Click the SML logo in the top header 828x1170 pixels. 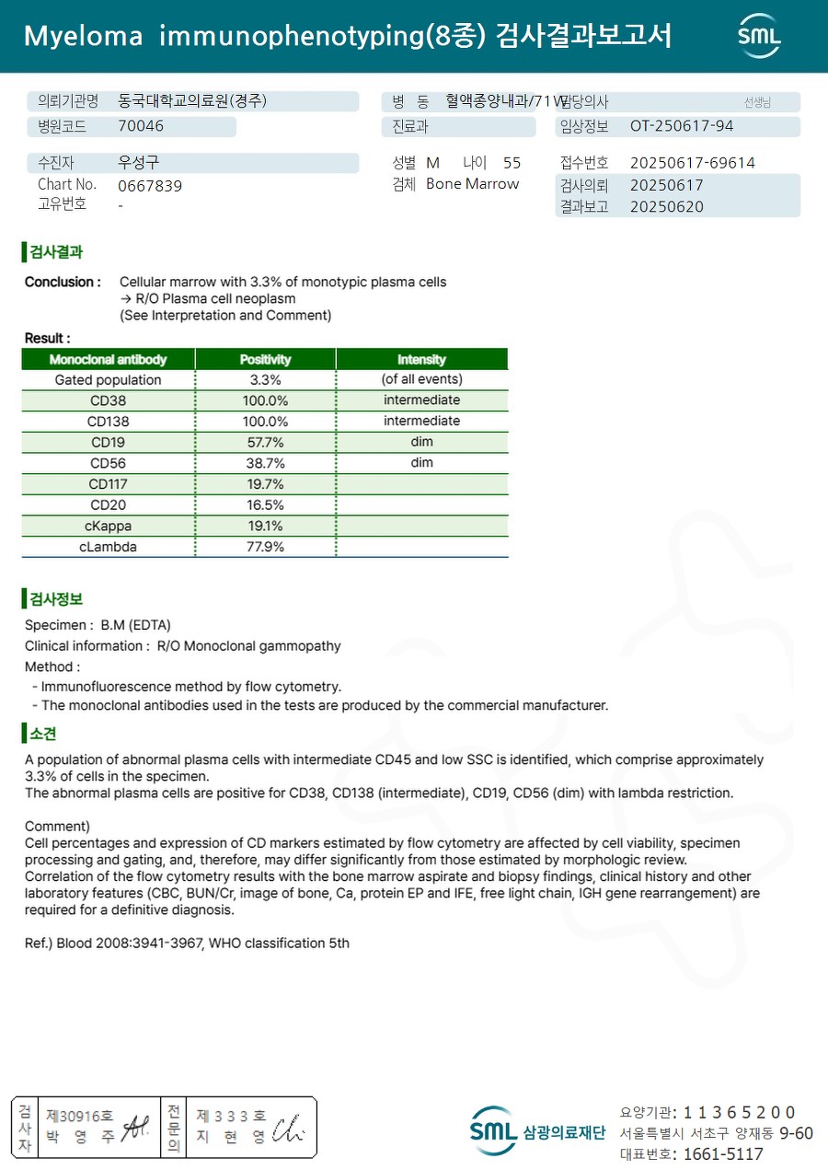[x=759, y=36]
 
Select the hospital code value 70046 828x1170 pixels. [x=141, y=127]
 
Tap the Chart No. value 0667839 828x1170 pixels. [x=150, y=186]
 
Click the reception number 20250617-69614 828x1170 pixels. [x=692, y=163]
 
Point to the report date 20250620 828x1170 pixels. [x=666, y=207]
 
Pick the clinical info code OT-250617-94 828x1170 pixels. [x=682, y=126]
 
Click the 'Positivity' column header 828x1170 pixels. [x=265, y=359]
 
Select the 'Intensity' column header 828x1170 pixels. [x=421, y=359]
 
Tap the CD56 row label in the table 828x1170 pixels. [x=109, y=463]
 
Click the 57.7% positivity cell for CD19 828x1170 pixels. [x=266, y=442]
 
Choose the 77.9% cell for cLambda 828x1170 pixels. [x=266, y=547]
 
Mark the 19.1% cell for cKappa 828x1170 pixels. [x=266, y=526]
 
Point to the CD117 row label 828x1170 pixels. [x=109, y=484]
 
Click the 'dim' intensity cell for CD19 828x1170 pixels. [x=421, y=442]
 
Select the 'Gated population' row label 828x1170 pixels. [x=108, y=379]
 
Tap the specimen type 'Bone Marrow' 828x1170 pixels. [x=472, y=184]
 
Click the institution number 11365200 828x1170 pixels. [x=739, y=1113]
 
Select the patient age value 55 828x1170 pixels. [x=512, y=163]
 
